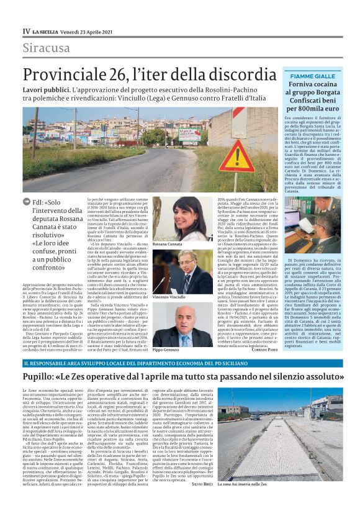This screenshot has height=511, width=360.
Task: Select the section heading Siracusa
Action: [x=47, y=48]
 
